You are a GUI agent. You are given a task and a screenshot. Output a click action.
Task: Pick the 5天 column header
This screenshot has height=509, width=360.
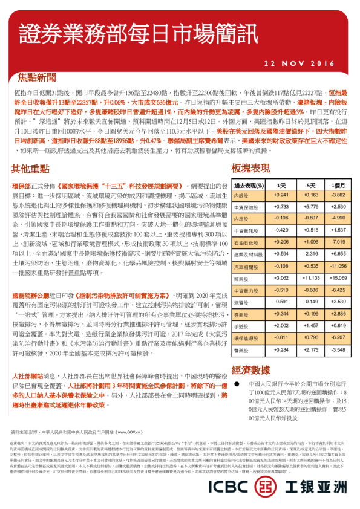[310, 185]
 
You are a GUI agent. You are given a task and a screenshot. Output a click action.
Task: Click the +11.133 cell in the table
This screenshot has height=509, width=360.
[310, 279]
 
